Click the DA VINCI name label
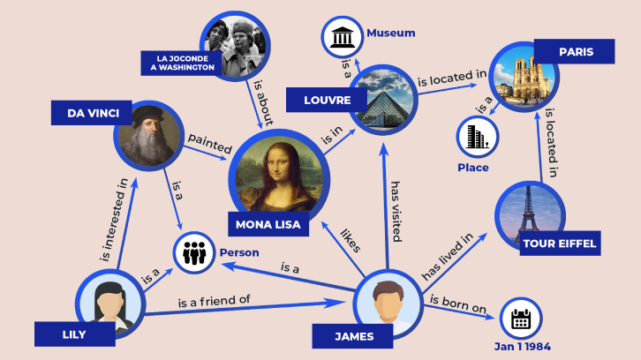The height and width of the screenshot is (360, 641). pyautogui.click(x=92, y=113)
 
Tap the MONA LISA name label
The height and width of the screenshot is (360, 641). pyautogui.click(x=268, y=224)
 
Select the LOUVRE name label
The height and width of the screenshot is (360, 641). pyautogui.click(x=327, y=100)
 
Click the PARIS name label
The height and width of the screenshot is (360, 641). pyautogui.click(x=575, y=51)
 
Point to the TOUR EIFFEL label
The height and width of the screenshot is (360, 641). pyautogui.click(x=560, y=244)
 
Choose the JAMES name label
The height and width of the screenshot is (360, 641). pyautogui.click(x=353, y=336)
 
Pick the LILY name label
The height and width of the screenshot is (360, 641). pyautogui.click(x=75, y=334)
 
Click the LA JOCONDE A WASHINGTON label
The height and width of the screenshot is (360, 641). pyautogui.click(x=182, y=64)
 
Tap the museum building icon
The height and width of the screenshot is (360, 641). pyautogui.click(x=343, y=38)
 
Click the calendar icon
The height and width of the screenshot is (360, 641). pyautogui.click(x=521, y=319)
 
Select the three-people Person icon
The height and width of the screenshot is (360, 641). pyautogui.click(x=194, y=253)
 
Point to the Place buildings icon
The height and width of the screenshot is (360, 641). pyautogui.click(x=477, y=137)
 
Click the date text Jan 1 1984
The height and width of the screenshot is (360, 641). pyautogui.click(x=523, y=347)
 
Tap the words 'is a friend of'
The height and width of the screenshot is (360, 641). pyautogui.click(x=214, y=301)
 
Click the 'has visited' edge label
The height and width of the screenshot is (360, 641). pyautogui.click(x=396, y=212)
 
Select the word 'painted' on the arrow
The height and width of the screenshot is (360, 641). pyautogui.click(x=210, y=143)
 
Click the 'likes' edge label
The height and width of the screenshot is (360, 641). pyautogui.click(x=351, y=240)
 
